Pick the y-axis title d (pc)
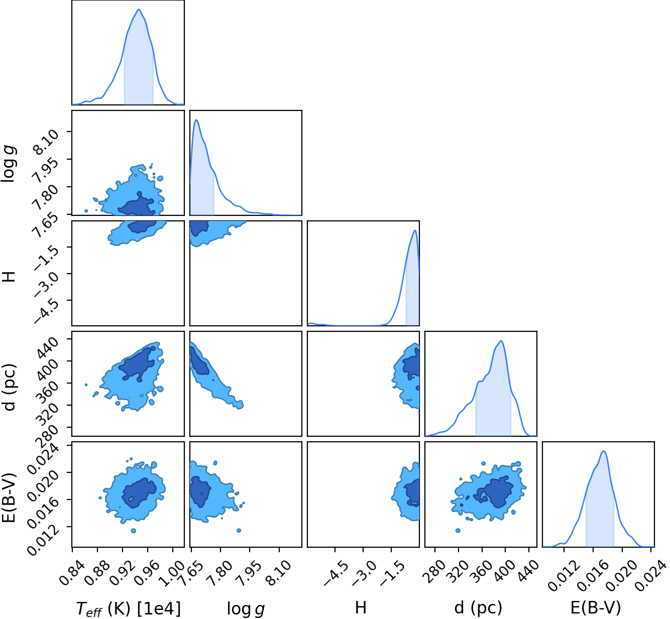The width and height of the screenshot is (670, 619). tap(10, 388)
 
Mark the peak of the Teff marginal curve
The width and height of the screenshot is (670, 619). tap(139, 9)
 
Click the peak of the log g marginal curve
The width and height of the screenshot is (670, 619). tap(196, 120)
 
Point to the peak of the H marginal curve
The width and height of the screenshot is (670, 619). tap(415, 230)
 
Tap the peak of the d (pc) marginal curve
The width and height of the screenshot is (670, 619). tap(501, 341)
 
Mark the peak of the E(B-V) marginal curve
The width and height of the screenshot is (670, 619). tap(604, 451)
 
